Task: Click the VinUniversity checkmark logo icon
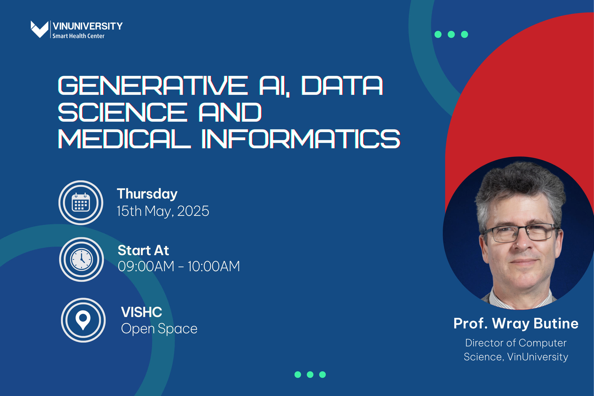[39, 29]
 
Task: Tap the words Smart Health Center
[78, 36]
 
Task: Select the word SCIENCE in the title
[123, 112]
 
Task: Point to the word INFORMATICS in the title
[301, 139]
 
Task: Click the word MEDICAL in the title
[124, 139]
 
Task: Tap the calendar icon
[81, 203]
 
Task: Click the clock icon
[82, 259]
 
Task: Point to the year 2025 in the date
[193, 211]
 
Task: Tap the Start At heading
[143, 250]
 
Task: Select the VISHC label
[142, 312]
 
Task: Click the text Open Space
[159, 329]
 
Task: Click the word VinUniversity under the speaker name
[538, 357]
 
